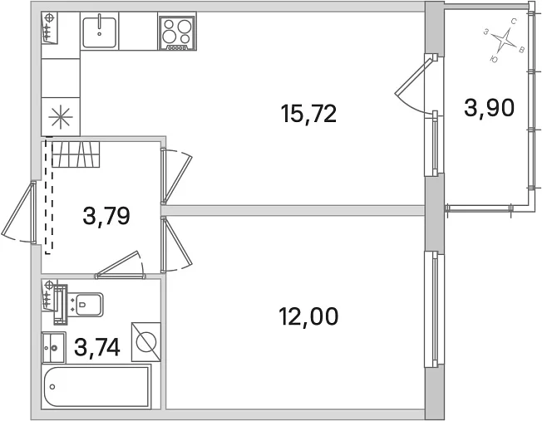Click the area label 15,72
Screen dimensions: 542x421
[x=308, y=114]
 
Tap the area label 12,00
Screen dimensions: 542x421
[x=308, y=316]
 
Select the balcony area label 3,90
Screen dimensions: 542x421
[x=489, y=108]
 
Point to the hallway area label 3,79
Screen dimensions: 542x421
[x=106, y=216]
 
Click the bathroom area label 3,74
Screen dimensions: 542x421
[x=97, y=347]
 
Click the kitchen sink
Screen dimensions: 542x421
[x=100, y=31]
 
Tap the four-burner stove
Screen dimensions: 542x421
[x=177, y=32]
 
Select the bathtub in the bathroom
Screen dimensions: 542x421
[x=96, y=387]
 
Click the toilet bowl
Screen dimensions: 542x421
[x=86, y=304]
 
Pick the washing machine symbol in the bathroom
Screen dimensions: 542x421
[x=145, y=342]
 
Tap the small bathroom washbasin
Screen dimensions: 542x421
[x=53, y=347]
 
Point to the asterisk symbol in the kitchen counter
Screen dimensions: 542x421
[x=61, y=117]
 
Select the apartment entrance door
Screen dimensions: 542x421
[x=19, y=213]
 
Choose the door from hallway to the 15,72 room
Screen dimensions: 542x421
[x=176, y=177]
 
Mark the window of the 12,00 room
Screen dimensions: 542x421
[x=435, y=310]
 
